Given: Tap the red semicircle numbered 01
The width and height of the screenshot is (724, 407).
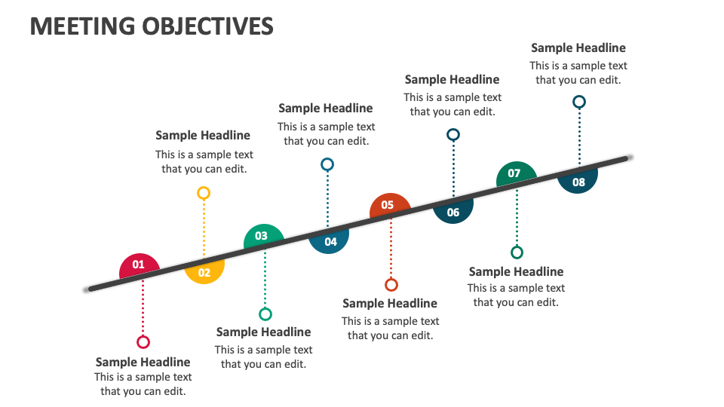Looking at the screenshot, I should [x=139, y=266].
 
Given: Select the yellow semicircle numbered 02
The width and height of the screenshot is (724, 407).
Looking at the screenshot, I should [x=204, y=272].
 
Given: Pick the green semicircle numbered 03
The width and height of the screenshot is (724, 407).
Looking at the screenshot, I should [x=262, y=237].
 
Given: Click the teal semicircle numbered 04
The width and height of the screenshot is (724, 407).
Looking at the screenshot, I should [x=330, y=241].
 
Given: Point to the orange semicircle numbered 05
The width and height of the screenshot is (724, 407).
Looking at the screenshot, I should [x=388, y=205].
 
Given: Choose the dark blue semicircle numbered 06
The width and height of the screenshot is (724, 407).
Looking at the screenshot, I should [x=453, y=212].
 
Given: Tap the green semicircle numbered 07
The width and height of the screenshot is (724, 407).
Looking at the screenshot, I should [x=514, y=174].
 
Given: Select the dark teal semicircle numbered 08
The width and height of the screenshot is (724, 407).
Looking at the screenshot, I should [x=578, y=182].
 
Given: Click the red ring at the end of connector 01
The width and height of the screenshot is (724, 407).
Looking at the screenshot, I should [x=143, y=342].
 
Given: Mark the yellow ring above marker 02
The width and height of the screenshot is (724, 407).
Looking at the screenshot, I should [x=204, y=193].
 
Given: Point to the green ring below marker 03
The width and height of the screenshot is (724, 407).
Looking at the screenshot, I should [x=265, y=314].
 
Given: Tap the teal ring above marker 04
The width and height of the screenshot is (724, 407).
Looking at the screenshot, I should [x=327, y=164].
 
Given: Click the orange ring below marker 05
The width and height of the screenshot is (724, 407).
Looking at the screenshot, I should [x=391, y=285].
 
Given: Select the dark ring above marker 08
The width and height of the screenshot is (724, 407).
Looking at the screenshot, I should [x=579, y=102].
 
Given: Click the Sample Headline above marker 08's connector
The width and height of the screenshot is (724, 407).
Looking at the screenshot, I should [x=578, y=47].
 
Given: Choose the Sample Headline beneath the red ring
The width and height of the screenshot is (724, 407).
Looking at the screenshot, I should [x=143, y=362].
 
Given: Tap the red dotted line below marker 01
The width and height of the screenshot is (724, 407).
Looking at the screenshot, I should [x=143, y=309].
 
